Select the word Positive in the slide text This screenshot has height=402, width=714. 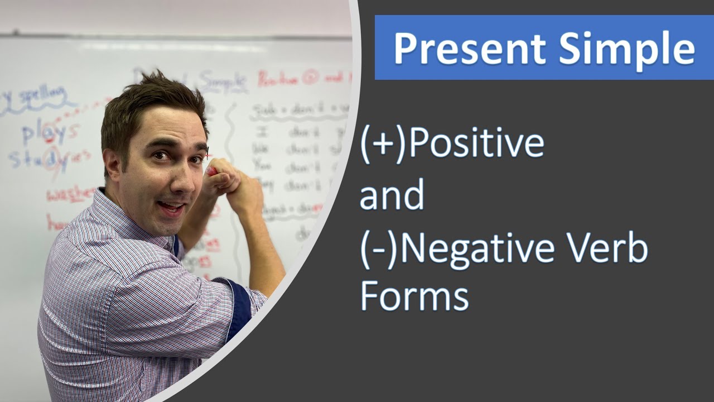click(x=476, y=142)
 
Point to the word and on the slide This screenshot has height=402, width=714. click(x=392, y=195)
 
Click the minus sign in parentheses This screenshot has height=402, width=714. click(x=380, y=249)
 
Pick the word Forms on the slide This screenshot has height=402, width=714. click(x=414, y=296)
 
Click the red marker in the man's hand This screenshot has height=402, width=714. click(x=212, y=171)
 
